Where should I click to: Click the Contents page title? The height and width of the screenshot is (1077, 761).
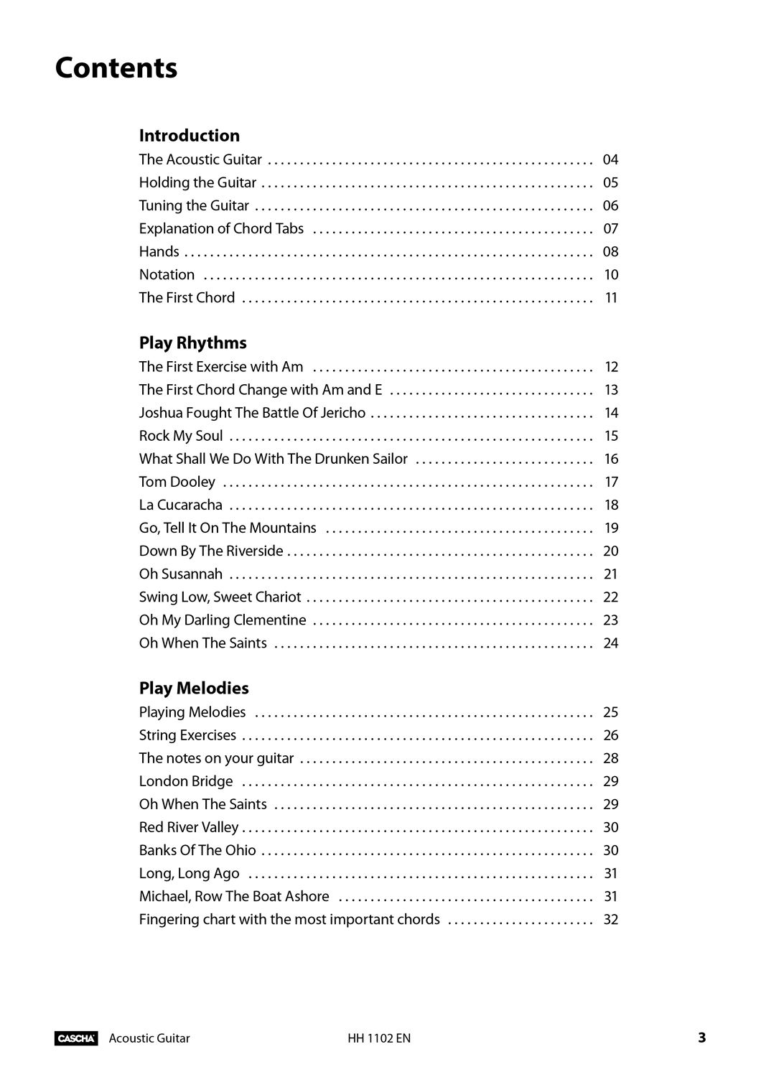(116, 68)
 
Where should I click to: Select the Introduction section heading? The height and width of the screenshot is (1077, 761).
(190, 136)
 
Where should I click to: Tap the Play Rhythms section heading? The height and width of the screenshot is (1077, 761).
(192, 342)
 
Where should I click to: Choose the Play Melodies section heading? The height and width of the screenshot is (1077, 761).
(194, 688)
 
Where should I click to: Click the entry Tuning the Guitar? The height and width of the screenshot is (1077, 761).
(194, 205)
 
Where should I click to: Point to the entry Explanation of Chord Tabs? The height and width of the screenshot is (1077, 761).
(221, 228)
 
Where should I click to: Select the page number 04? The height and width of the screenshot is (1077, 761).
(610, 159)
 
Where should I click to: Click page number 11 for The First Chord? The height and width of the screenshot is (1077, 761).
(611, 297)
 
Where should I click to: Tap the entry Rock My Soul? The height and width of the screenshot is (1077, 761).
(181, 436)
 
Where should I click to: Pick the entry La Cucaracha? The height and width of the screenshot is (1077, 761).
(181, 505)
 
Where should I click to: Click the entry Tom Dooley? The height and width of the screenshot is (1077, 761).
(177, 482)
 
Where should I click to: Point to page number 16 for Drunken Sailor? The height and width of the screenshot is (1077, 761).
(611, 459)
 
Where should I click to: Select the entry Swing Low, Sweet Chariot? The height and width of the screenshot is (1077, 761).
(220, 597)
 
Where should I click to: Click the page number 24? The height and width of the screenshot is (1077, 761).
(610, 643)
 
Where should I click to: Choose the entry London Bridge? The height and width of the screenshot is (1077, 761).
(186, 781)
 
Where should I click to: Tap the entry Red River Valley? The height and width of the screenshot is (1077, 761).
(189, 827)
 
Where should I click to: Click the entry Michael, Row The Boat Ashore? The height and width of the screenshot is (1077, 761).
(234, 896)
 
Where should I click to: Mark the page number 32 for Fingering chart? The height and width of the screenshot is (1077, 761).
(610, 919)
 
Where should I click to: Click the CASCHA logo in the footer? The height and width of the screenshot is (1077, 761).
(76, 1038)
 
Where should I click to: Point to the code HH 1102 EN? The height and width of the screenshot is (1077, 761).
(379, 1038)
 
